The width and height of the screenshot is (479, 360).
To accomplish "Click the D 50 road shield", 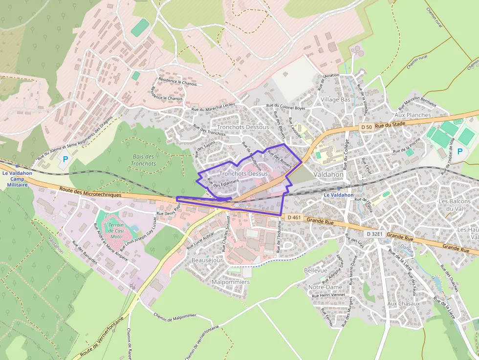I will [x=367, y=127].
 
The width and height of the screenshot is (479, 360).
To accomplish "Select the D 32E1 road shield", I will [x=375, y=234].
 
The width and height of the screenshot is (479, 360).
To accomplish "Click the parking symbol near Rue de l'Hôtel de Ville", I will [x=459, y=151].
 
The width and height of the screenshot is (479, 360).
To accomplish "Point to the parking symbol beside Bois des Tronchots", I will [x=65, y=159].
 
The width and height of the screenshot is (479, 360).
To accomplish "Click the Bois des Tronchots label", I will [x=143, y=160].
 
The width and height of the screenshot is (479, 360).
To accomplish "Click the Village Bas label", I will [x=336, y=99].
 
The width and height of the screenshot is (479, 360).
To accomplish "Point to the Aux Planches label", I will [x=413, y=115].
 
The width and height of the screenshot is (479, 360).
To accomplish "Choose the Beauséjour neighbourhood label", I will [x=207, y=260].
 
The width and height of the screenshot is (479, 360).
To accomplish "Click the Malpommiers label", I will [x=231, y=282].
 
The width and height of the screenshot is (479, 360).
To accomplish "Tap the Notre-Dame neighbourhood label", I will [x=326, y=287].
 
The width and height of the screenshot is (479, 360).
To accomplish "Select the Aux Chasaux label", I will [x=403, y=303].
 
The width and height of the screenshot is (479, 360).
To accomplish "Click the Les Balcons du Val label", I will [x=455, y=205].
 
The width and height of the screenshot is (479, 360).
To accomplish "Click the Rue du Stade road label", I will [x=391, y=125].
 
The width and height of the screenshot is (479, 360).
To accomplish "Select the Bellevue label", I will [x=315, y=270].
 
